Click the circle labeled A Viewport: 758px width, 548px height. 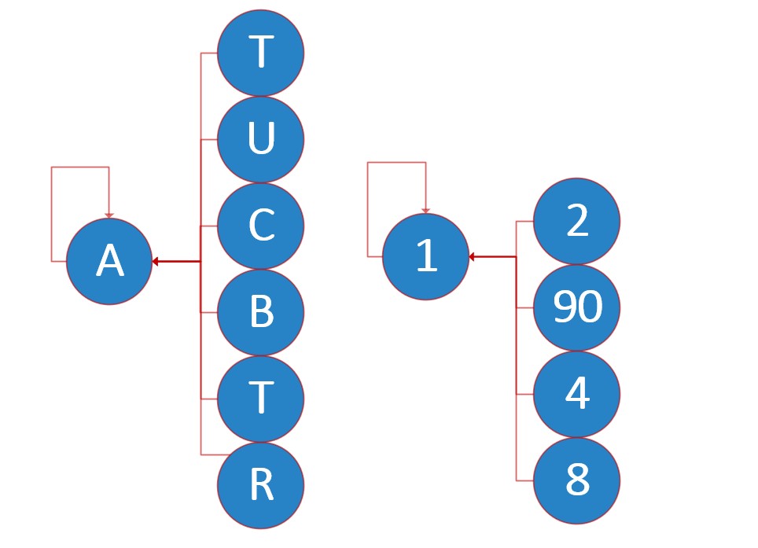point(109,262)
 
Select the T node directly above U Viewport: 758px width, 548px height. point(260,53)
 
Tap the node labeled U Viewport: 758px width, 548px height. point(260,139)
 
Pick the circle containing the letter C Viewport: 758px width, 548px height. point(260,226)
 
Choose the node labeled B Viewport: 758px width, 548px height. point(260,312)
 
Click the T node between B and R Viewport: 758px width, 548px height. point(260,399)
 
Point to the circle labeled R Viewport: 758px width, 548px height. point(260,485)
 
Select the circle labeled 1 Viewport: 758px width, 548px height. point(425,257)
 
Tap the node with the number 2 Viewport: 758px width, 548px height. point(577,221)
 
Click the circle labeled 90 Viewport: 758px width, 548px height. point(577,307)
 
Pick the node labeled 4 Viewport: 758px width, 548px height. point(577,394)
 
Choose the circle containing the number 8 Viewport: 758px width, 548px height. point(577,480)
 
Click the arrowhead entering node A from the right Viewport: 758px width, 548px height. point(156,261)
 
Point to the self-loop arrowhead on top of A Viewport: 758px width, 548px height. point(109,215)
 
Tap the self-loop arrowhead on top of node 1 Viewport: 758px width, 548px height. point(426,210)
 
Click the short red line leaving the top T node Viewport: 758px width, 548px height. point(209,53)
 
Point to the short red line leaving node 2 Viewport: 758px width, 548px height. point(524,221)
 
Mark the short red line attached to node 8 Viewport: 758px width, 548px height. point(525,480)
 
